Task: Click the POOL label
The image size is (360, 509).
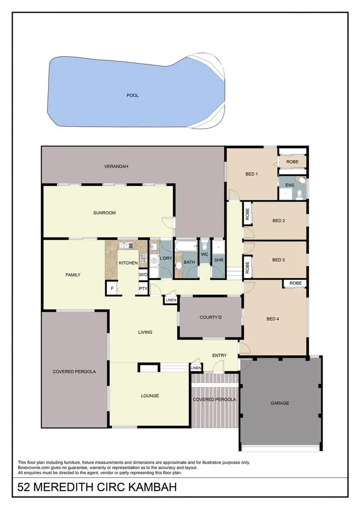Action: click(132, 96)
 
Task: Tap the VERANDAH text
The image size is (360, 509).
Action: click(116, 167)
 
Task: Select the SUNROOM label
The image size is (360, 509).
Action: click(104, 213)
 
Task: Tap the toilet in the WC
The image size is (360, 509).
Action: click(204, 245)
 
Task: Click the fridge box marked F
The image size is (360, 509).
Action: click(112, 289)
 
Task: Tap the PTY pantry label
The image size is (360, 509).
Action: click(143, 289)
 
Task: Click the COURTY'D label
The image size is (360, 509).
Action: click(209, 317)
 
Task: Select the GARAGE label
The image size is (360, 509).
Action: click(279, 403)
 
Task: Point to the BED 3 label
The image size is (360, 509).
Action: click(278, 260)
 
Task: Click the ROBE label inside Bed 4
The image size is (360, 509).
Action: click(295, 283)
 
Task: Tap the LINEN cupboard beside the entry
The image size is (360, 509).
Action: click(196, 368)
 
